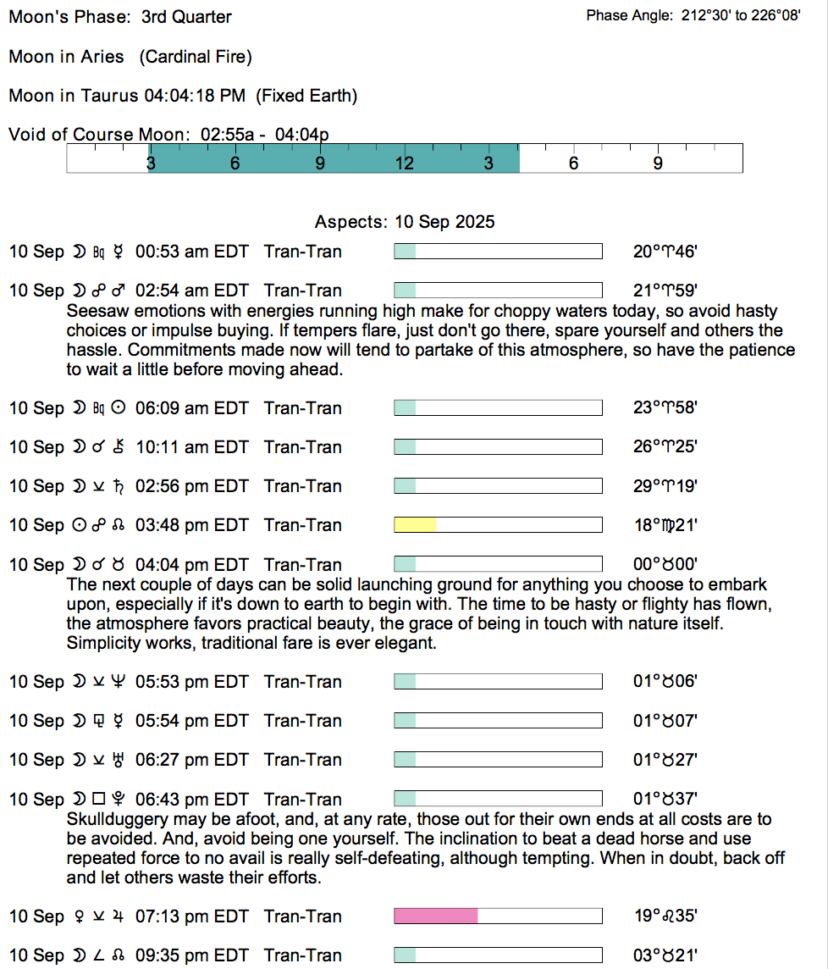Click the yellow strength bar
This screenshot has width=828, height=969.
pyautogui.click(x=415, y=525)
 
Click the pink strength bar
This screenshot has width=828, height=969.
pyautogui.click(x=436, y=916)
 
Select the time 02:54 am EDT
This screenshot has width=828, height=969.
pyautogui.click(x=192, y=291)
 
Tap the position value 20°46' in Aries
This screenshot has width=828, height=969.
pyautogui.click(x=665, y=252)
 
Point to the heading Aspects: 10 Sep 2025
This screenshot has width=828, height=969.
pyautogui.click(x=405, y=222)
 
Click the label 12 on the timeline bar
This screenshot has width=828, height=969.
pyautogui.click(x=405, y=163)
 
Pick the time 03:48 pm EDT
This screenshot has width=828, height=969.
pyautogui.click(x=192, y=525)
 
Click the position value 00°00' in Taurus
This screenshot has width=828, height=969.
pyautogui.click(x=665, y=565)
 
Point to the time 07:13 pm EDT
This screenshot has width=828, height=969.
pyautogui.click(x=192, y=916)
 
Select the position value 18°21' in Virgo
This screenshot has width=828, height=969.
pyautogui.click(x=665, y=525)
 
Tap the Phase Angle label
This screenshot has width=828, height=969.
pyautogui.click(x=630, y=16)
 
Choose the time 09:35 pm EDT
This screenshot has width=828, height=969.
pyautogui.click(x=192, y=955)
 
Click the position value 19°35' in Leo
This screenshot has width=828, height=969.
pyautogui.click(x=665, y=916)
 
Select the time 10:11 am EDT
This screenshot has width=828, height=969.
pyautogui.click(x=192, y=446)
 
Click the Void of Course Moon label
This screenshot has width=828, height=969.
pyautogui.click(x=101, y=134)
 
